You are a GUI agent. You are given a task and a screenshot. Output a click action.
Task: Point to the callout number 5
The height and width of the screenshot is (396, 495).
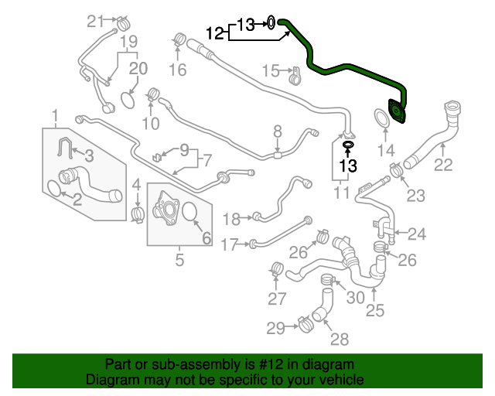[179, 260]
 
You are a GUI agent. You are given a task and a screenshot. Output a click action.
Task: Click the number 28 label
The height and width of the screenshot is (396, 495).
[340, 338]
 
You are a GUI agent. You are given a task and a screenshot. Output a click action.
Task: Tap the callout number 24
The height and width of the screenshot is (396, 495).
[417, 233]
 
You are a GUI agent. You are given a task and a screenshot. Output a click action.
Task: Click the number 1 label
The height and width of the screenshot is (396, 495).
[56, 116]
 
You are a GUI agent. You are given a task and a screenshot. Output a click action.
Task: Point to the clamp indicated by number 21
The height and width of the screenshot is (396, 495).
[122, 25]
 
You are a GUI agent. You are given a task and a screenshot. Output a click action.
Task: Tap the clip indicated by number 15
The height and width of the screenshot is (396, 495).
[295, 77]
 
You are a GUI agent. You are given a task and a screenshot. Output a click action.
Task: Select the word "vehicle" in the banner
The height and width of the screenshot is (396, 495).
[340, 380]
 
